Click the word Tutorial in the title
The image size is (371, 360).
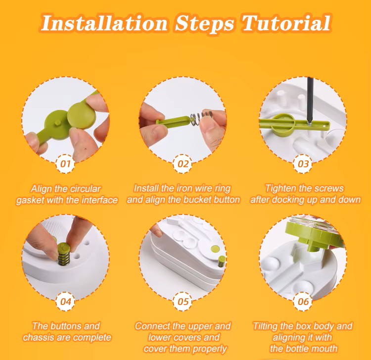click(286, 23)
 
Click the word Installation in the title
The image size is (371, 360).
click(104, 23)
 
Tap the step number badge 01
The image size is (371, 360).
click(65, 164)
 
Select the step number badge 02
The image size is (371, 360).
click(183, 164)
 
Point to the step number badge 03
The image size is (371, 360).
click(303, 164)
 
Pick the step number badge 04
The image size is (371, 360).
click(65, 302)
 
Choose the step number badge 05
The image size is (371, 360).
click(183, 302)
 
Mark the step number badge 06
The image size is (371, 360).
click(303, 302)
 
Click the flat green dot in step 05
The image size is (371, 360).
click(215, 249)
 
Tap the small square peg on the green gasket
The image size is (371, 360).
click(57, 123)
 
